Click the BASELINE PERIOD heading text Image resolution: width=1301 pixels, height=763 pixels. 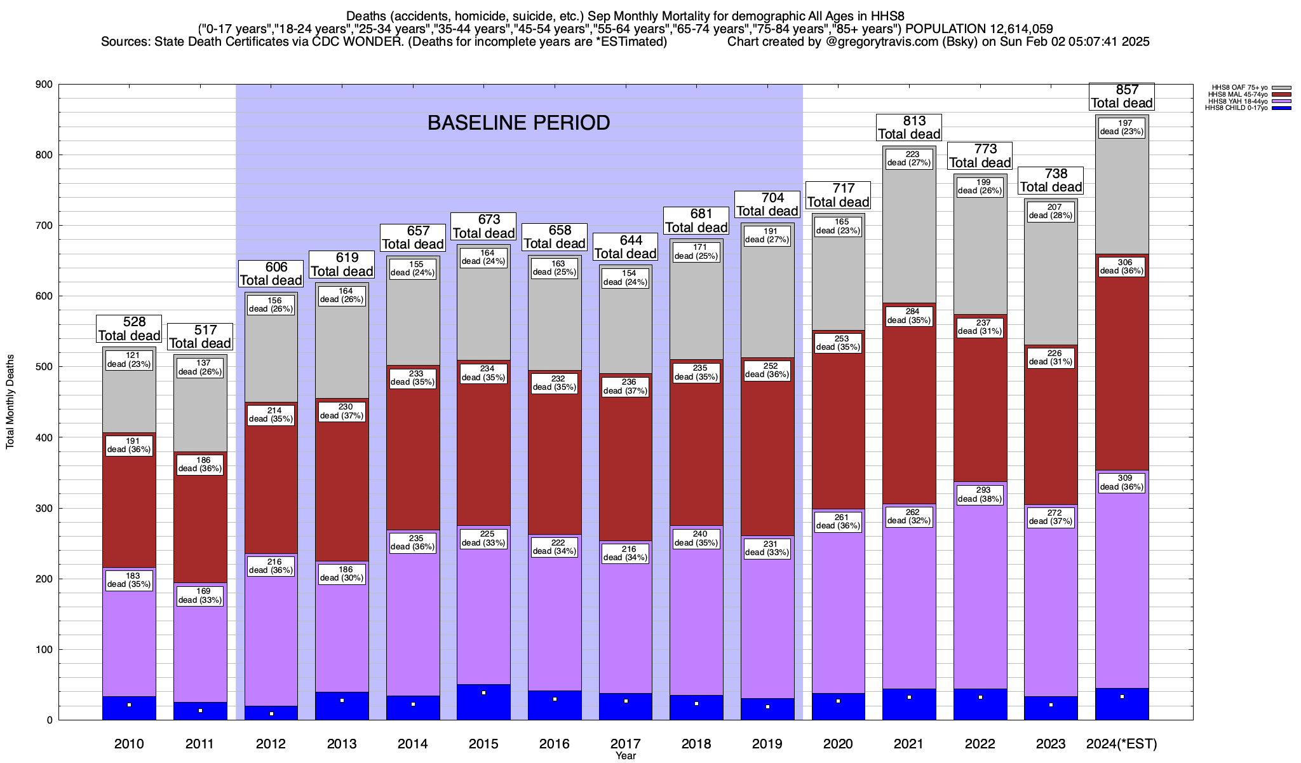coord(518,123)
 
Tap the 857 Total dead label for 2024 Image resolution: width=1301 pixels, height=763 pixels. coord(1121,97)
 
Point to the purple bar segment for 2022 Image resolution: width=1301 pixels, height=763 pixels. coord(980,585)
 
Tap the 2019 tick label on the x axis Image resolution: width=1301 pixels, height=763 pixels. coord(767,744)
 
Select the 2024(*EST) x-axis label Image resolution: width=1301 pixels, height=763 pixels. coord(1122,744)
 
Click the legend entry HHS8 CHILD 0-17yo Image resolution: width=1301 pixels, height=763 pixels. coord(1236,108)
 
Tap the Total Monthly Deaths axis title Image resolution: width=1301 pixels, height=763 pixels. coord(10,402)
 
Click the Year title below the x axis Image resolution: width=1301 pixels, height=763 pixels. coord(626,756)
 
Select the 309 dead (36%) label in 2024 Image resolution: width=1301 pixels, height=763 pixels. coord(1121,483)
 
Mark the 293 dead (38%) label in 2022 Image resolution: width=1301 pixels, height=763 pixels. coord(980,495)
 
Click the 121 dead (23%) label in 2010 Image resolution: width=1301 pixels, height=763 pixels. coord(129,360)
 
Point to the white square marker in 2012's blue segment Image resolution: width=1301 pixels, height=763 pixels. coord(271,714)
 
